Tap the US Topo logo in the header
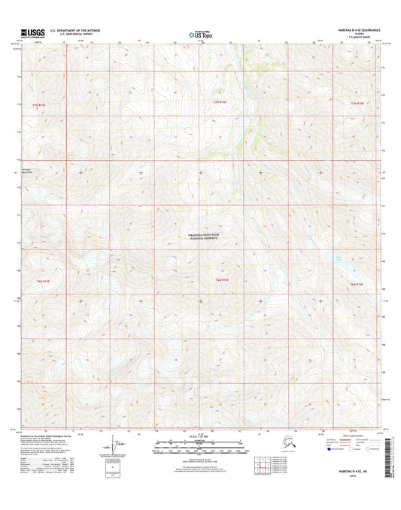(x=200, y=34)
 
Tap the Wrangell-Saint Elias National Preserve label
(x=201, y=237)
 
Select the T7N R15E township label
(x=219, y=101)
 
